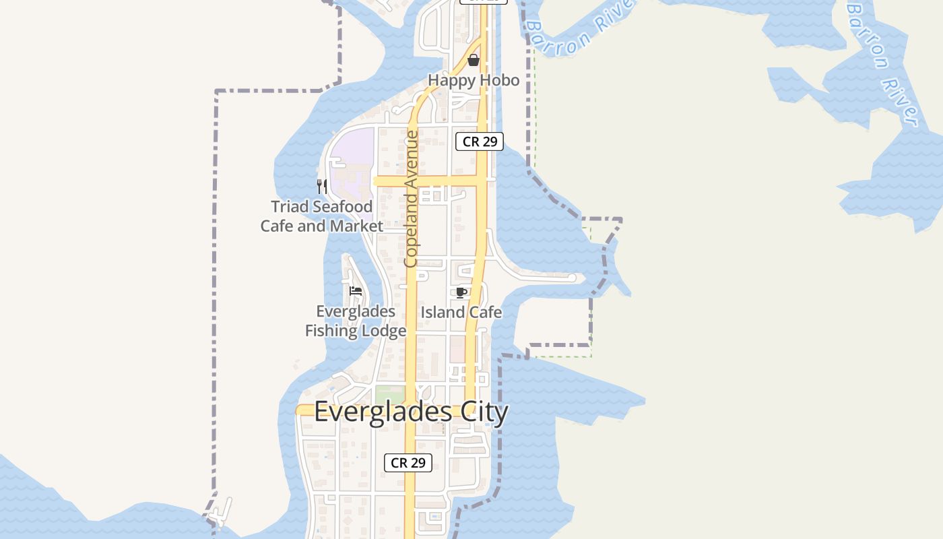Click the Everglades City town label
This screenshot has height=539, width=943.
click(x=411, y=412)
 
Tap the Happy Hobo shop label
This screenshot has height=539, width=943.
click(x=474, y=80)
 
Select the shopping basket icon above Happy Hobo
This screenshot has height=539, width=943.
click(x=474, y=60)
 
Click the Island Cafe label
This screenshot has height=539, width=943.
click(x=461, y=312)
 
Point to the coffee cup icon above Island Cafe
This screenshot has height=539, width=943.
click(x=461, y=292)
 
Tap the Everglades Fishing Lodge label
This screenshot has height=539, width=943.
click(x=356, y=321)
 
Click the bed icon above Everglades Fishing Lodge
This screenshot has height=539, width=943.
click(x=356, y=291)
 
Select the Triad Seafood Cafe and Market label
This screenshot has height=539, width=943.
click(x=321, y=216)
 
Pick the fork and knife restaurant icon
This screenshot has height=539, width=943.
click(x=322, y=186)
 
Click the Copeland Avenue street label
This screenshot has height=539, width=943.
click(x=411, y=199)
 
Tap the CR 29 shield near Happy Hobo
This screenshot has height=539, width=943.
click(x=479, y=141)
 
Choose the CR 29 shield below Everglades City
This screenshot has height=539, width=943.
click(x=408, y=463)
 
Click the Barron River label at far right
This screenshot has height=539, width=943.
click(x=882, y=64)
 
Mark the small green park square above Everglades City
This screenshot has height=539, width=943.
click(x=389, y=394)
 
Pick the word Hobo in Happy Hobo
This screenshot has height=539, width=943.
click(x=501, y=80)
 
